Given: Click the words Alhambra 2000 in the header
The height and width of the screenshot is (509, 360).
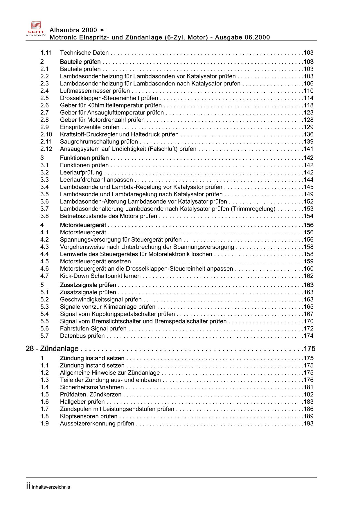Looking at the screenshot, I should tap(73, 30).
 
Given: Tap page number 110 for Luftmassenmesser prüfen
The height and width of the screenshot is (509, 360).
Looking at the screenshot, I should tap(308, 91).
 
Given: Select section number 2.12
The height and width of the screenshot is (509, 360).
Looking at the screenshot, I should tap(46, 149).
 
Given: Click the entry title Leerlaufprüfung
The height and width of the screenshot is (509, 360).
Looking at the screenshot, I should tap(81, 172).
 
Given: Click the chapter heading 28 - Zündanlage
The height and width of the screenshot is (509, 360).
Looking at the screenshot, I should tap(52, 348).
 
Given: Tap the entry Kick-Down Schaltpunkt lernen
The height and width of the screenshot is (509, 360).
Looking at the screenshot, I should tap(100, 276).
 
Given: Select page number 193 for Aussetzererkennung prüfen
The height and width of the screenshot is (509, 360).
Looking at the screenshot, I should tap(308, 424).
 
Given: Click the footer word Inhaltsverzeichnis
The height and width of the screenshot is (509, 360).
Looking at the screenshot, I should tap(51, 487).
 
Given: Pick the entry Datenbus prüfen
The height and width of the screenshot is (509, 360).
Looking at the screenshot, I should tap(82, 336).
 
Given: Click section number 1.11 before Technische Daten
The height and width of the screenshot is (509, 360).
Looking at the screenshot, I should tap(46, 53).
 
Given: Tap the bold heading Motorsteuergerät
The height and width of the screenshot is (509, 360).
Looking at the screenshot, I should tap(83, 225).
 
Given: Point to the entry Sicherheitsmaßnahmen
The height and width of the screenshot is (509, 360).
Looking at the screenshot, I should tap(92, 387).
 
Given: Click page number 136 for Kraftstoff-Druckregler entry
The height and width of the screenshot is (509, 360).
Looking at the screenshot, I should tap(308, 134).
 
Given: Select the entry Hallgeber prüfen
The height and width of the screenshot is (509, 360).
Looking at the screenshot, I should tap(82, 402).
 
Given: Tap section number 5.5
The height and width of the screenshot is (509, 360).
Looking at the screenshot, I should tap(44, 321).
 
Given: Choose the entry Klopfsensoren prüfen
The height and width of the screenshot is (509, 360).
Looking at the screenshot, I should tap(89, 416).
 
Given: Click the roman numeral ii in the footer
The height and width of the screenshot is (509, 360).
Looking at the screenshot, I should tap(28, 486).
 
